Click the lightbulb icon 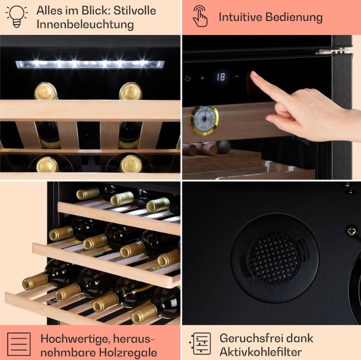tap(17, 16)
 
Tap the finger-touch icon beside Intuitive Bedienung tap(200, 16)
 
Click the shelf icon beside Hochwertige tap(19, 344)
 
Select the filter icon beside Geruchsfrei tap(200, 343)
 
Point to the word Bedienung tap(294, 17)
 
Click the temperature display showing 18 tap(221, 77)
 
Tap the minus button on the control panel tap(237, 76)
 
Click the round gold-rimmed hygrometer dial tap(204, 120)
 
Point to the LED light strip tap(90, 65)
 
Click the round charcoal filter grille tap(274, 258)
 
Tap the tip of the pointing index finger tap(252, 74)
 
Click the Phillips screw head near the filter tap(352, 231)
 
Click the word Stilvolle tap(134, 11)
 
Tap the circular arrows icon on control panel tap(187, 79)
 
